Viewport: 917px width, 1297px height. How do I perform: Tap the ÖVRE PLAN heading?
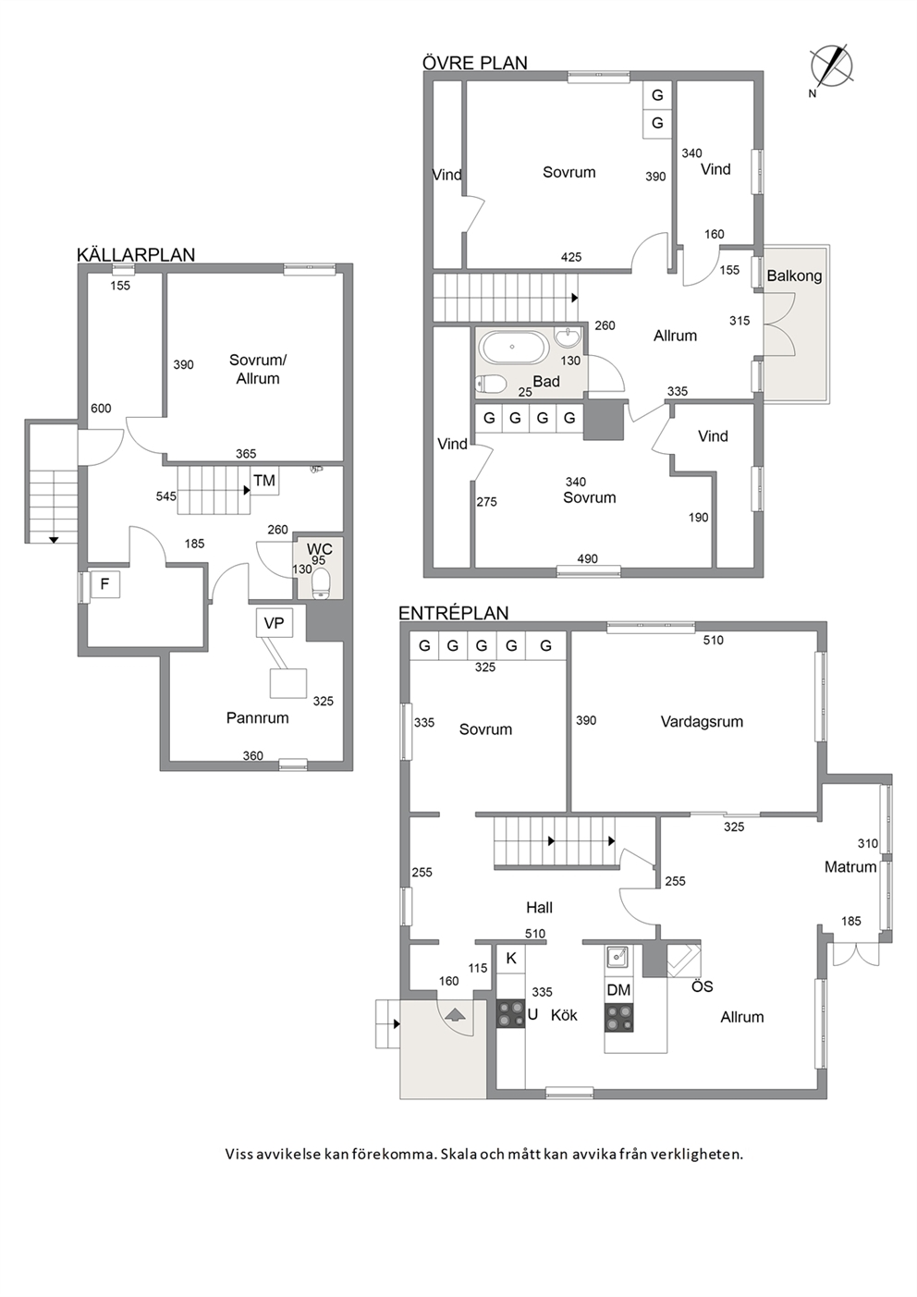pos(475,63)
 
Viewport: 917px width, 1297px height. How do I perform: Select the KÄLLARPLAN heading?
pos(136,255)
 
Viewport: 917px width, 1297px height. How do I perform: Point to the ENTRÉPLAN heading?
pos(454,613)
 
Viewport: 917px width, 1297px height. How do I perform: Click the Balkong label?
pos(794,276)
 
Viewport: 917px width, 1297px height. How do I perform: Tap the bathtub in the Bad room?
pos(513,348)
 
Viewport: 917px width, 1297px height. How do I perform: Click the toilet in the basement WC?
pos(321,582)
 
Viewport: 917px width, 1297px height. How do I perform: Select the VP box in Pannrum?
pos(275,623)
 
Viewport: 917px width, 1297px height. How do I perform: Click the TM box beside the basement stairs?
pos(265,480)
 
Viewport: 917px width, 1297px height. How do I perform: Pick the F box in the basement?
pos(104,584)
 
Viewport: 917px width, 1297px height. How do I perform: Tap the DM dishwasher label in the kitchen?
pos(618,990)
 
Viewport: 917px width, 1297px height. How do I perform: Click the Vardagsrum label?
pos(702,722)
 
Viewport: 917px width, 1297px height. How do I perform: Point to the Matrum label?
pos(850,867)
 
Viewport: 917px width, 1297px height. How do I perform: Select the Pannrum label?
pos(258,718)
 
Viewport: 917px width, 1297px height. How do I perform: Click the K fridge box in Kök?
pos(511,959)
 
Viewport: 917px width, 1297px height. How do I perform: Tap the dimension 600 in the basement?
pos(101,409)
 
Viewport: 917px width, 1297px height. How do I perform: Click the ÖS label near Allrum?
pos(703,986)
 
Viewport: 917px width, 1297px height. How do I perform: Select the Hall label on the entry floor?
pos(540,908)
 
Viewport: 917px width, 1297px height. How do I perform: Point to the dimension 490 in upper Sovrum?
pos(587,558)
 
